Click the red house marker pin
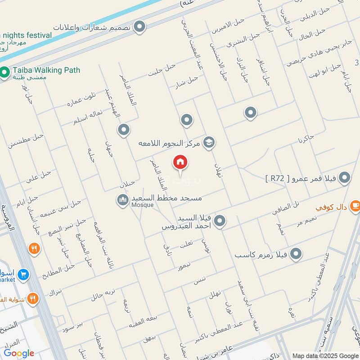click(x=180, y=162)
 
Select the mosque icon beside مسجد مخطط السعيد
click(x=123, y=200)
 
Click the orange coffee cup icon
click(x=354, y=205)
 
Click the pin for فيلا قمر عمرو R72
click(x=345, y=178)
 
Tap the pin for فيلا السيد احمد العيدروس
click(x=220, y=220)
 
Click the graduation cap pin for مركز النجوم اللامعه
click(x=209, y=143)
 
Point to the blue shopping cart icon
click(x=24, y=273)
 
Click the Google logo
click(x=18, y=353)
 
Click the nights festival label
click(x=27, y=35)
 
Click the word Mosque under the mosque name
click(x=143, y=205)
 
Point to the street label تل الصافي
click(x=285, y=206)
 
